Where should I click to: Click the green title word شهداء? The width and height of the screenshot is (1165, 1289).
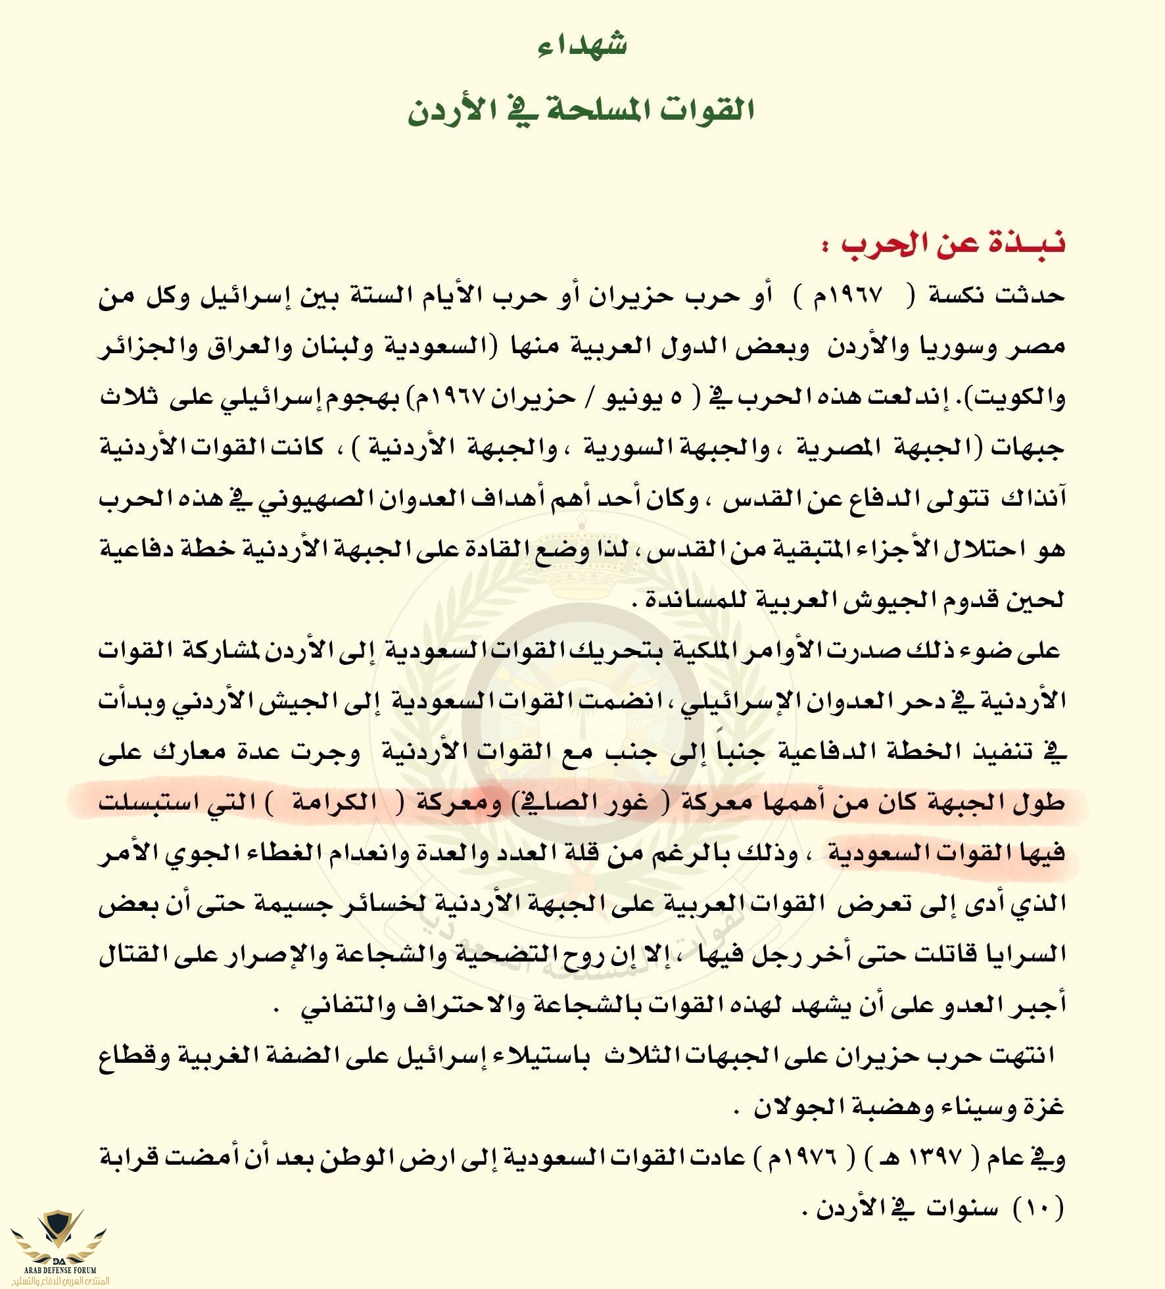point(582,45)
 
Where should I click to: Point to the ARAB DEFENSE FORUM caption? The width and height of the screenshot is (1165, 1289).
point(59,1270)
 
